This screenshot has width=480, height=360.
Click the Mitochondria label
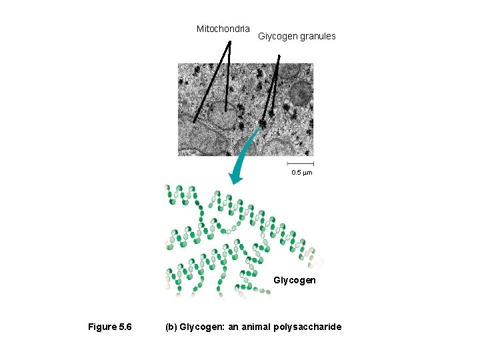click(x=223, y=29)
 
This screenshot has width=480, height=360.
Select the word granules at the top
click(x=318, y=36)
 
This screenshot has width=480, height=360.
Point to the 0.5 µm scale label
click(x=301, y=173)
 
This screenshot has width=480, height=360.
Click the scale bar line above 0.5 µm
click(x=301, y=163)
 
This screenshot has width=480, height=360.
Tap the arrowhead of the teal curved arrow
click(x=235, y=178)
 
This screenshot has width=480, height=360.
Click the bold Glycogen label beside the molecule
click(x=294, y=280)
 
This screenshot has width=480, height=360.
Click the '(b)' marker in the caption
click(x=171, y=327)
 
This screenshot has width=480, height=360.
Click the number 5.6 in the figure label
click(x=125, y=327)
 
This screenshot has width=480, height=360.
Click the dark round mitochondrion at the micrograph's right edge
click(x=301, y=93)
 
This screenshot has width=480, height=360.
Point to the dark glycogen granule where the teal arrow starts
click(x=263, y=123)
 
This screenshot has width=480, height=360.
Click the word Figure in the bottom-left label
click(x=102, y=327)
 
